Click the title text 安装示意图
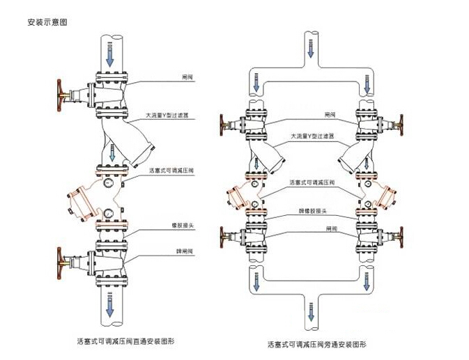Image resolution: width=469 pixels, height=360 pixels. pos(47,22)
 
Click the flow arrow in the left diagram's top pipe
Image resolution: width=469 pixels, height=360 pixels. pos(109,54)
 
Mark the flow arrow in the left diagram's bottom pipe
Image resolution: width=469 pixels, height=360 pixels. pos(109,302)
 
